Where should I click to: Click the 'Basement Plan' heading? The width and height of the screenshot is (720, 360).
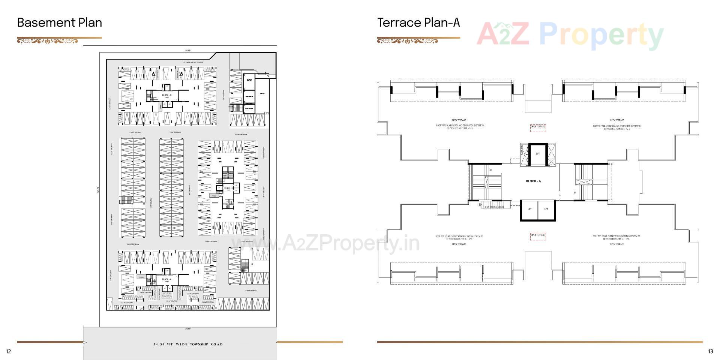(60, 22)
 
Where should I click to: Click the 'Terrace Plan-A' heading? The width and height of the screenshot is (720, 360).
(418, 22)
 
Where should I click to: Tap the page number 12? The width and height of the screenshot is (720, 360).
(9, 351)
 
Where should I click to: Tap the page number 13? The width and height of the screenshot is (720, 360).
(710, 351)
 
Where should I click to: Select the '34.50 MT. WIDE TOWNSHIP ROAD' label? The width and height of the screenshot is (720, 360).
(188, 344)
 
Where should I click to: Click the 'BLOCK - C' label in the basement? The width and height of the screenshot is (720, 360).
(167, 95)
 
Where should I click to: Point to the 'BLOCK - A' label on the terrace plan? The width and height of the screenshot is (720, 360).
(533, 181)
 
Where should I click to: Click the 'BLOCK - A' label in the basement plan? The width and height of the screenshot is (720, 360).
(167, 279)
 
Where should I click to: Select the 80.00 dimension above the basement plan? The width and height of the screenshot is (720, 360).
(188, 50)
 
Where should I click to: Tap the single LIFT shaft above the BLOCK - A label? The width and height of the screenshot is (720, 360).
(538, 154)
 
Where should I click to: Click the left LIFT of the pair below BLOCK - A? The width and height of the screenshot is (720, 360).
(529, 209)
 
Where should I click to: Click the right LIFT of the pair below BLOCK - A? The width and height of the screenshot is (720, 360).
(546, 209)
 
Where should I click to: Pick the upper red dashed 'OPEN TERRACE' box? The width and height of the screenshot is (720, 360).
(538, 127)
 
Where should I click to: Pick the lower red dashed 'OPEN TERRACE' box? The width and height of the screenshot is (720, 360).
(538, 235)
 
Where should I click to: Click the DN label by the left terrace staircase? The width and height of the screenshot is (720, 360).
(490, 170)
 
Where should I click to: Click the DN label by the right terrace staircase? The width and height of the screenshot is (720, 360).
(574, 193)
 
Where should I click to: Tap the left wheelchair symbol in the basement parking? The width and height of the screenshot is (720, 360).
(154, 74)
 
